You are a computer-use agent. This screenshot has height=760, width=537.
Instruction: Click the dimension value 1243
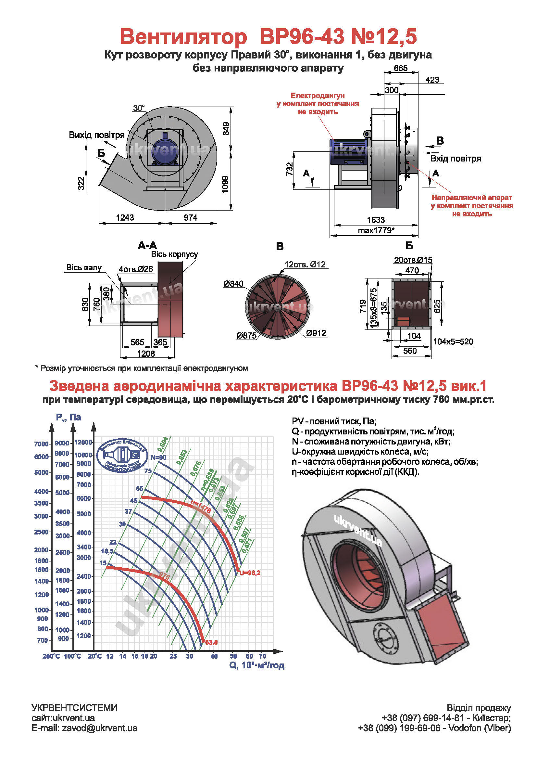point(125,217)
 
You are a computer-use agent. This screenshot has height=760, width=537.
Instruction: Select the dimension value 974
point(191,217)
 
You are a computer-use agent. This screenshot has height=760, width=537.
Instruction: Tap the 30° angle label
point(139,108)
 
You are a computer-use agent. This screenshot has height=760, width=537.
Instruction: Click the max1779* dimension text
point(376,230)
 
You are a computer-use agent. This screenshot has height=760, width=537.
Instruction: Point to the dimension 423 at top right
point(432,80)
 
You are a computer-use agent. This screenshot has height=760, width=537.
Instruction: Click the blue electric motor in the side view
point(347,151)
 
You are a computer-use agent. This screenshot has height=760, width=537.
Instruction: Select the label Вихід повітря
point(96,135)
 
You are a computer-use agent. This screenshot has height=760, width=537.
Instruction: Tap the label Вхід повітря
point(455,159)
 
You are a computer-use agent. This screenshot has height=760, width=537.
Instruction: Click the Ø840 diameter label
point(233,284)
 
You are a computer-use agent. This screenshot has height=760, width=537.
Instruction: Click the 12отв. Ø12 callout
point(305,264)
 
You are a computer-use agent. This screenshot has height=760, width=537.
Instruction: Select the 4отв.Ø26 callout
point(136,269)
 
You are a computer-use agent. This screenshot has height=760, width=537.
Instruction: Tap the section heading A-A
point(147,246)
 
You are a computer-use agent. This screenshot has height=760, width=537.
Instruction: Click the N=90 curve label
point(158,457)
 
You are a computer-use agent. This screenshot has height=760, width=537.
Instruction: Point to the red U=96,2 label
point(250,573)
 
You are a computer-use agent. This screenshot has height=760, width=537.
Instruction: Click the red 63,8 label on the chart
point(211,642)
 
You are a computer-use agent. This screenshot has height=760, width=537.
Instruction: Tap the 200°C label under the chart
point(51,656)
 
